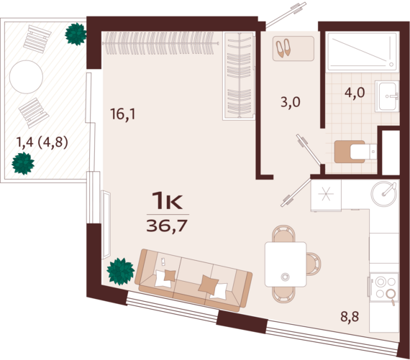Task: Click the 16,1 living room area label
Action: [122, 114]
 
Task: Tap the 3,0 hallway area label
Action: [291, 102]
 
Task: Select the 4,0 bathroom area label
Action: [355, 92]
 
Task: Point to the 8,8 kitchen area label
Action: [350, 316]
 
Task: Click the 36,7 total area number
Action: [168, 226]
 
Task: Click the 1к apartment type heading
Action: [167, 200]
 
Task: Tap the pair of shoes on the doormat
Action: [283, 48]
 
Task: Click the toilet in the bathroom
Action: [356, 152]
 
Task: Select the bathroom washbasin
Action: [387, 96]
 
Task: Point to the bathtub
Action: [363, 51]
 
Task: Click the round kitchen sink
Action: [384, 194]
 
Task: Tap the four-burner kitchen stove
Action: [383, 287]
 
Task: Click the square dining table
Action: [286, 264]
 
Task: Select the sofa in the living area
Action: [193, 280]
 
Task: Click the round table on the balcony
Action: [26, 77]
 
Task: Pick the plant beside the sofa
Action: [121, 271]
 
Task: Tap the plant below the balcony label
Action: [23, 163]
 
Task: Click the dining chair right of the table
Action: [313, 264]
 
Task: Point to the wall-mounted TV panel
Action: [106, 225]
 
